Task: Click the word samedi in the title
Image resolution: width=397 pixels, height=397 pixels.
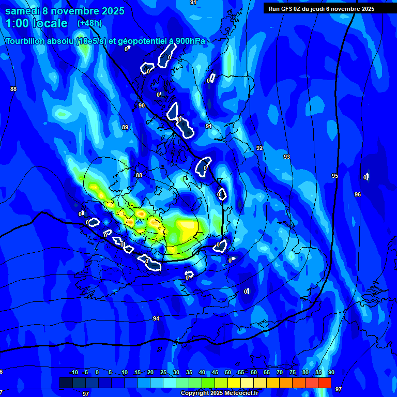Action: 24,11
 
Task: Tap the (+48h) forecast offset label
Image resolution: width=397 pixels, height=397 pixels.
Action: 89,23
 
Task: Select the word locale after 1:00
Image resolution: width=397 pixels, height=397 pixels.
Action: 50,23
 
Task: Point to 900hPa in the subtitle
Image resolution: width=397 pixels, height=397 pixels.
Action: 188,41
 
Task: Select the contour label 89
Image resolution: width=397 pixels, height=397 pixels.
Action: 125,127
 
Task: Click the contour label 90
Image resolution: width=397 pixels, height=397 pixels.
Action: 142,105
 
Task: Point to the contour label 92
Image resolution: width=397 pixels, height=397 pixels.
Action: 259,148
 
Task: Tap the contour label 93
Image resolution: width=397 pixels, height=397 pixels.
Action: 286,157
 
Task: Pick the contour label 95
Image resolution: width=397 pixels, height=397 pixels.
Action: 335,176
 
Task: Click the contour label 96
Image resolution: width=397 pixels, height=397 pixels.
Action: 358,194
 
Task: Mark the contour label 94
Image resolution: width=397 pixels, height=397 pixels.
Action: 156,318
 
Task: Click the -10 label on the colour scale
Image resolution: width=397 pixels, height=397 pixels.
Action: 73,373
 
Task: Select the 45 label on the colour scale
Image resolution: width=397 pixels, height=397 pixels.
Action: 215,373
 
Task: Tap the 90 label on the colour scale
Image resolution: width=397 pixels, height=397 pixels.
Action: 331,373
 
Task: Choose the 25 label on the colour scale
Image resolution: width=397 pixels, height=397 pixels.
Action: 163,373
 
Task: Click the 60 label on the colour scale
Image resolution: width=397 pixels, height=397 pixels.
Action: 254,373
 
